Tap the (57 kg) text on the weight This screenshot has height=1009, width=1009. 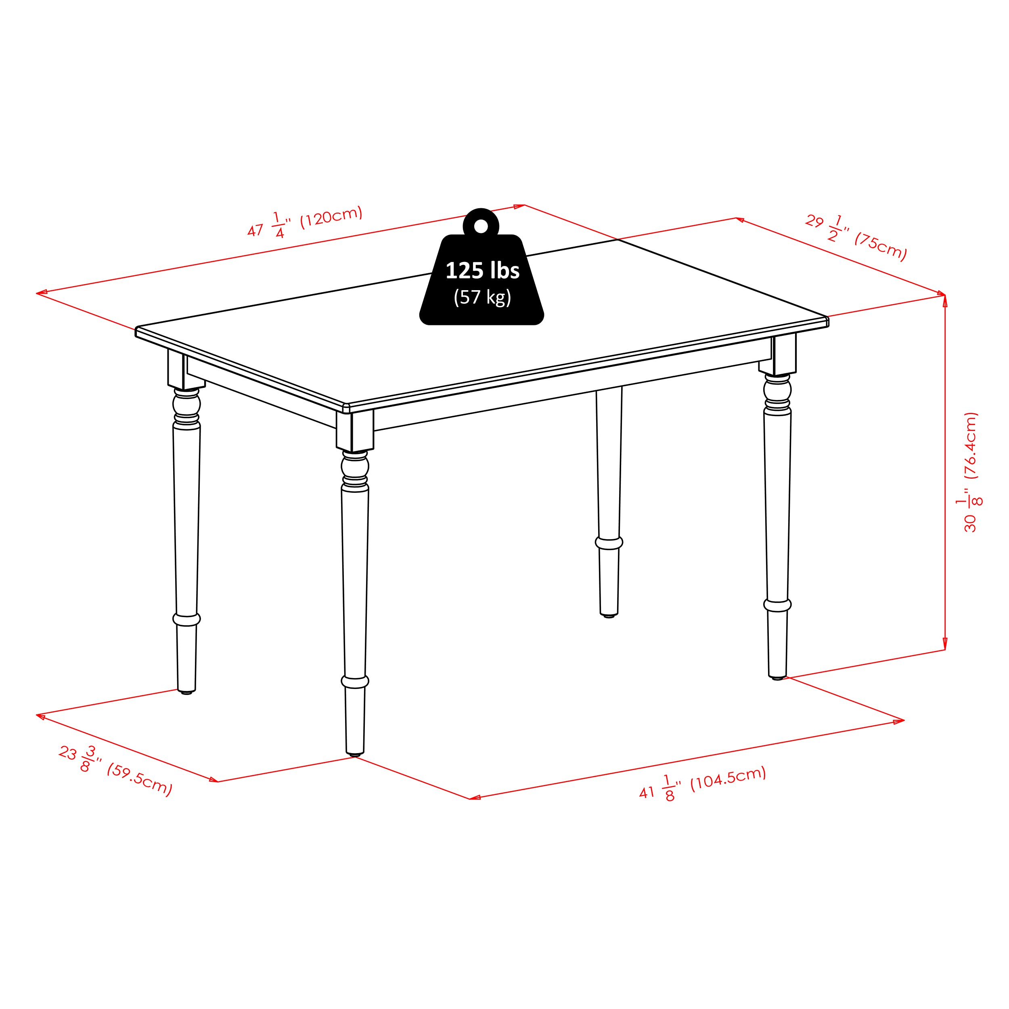pyautogui.click(x=482, y=297)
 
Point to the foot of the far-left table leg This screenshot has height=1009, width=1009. pyautogui.click(x=186, y=693)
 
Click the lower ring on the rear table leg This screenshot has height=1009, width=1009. pyautogui.click(x=609, y=543)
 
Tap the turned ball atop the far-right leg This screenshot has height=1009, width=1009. pyautogui.click(x=777, y=389)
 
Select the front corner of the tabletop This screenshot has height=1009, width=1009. pyautogui.click(x=346, y=407)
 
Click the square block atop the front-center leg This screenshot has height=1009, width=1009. pyautogui.click(x=355, y=431)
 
